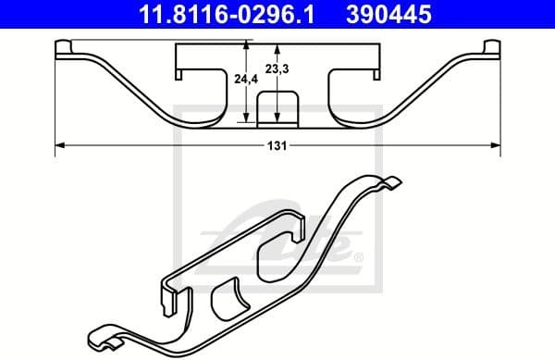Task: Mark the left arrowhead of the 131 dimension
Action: coord(60,144)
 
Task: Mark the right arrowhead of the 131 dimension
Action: coord(497,144)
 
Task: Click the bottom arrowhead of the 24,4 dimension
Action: coord(246,118)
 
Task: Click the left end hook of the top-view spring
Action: coord(64,49)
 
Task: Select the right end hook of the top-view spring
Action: coord(492,49)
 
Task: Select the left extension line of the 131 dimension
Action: coord(55,102)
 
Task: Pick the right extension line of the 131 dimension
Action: coord(500,102)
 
